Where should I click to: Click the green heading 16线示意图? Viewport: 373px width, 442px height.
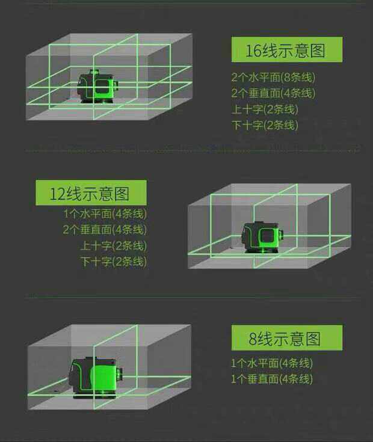coord(287,49)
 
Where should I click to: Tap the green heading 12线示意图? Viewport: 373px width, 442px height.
coord(91,193)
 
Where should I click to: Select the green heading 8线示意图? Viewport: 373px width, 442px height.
coord(287,338)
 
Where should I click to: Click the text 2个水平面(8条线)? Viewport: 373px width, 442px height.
coord(273,77)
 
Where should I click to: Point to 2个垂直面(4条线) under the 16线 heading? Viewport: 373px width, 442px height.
coord(273,93)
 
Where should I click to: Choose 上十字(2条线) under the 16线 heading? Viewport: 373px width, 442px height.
coord(265,109)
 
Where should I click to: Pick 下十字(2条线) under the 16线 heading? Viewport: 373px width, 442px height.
coord(265,125)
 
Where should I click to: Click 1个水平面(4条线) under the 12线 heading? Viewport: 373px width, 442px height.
coord(105,213)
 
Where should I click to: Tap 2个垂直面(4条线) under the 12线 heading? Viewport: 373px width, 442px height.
coord(105,230)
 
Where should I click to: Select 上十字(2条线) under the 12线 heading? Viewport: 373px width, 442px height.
coord(114,245)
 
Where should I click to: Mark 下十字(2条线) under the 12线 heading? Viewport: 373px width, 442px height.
coord(114,262)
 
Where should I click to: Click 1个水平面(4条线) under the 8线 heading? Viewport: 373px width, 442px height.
coord(272,363)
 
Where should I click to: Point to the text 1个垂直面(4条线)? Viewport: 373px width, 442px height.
coord(272,379)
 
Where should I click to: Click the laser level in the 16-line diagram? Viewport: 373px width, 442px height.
coord(97,87)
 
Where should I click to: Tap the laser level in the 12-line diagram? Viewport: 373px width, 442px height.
coord(262,237)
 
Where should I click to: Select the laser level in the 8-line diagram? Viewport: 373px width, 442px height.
coord(96,378)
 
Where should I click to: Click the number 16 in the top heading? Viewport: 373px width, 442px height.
coord(253,51)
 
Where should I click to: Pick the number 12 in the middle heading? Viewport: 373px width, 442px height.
coord(58,194)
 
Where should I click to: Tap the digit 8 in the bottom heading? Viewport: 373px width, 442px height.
coord(253,339)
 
